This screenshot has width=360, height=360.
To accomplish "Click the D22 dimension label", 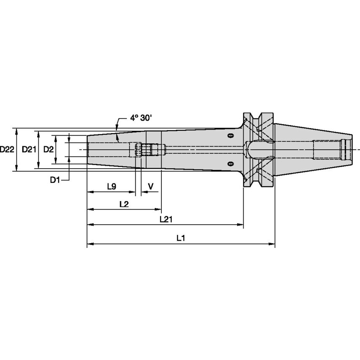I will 7,149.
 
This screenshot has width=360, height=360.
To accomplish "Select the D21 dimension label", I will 29,149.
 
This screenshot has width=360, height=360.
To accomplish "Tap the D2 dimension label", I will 48,149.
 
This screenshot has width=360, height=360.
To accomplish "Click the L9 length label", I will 111,186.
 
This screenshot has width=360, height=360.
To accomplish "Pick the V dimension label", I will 150,186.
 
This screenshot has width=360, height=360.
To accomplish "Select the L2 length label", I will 124,204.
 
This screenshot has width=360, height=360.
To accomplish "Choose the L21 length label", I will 166,220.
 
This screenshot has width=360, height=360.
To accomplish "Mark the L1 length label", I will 181,238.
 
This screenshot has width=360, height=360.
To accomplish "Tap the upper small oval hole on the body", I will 230,136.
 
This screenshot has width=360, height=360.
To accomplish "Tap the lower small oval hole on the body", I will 230,163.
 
